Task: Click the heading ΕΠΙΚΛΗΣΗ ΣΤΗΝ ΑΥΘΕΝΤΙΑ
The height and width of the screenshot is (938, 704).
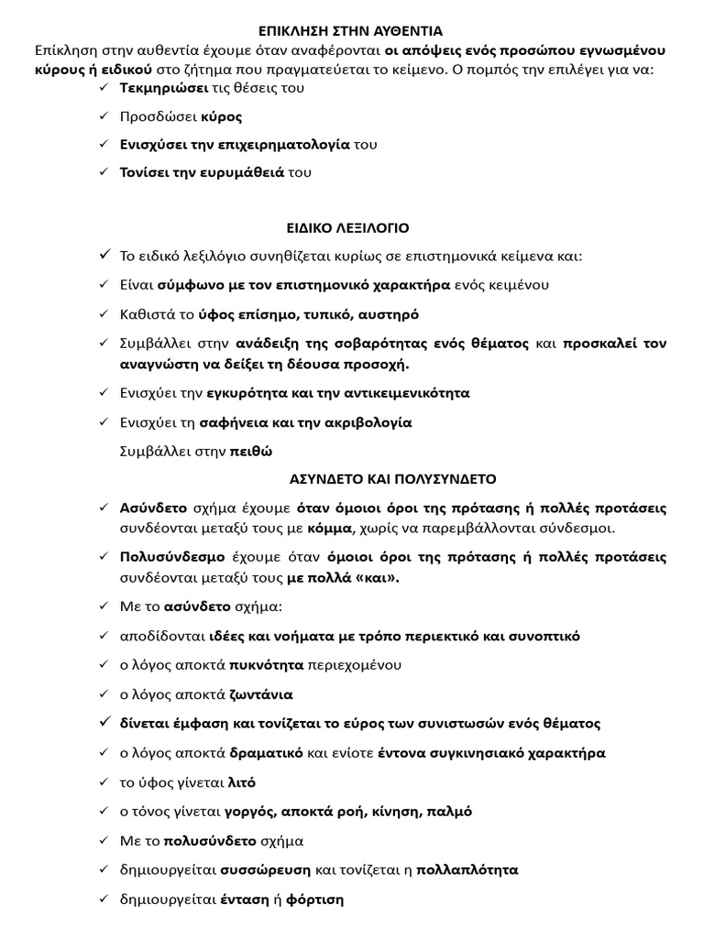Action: pyautogui.click(x=352, y=31)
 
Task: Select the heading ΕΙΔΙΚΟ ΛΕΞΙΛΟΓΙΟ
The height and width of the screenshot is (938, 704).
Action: pyautogui.click(x=352, y=227)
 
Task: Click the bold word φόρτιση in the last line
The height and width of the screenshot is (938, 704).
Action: pyautogui.click(x=314, y=900)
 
